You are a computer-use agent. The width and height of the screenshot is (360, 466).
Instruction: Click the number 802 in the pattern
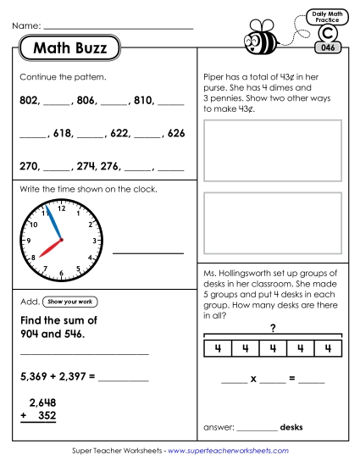pos(29,100)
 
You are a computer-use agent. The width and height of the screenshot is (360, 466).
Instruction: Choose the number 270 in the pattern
pos(29,166)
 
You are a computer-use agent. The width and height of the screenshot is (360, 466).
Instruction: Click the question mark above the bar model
pos(273,328)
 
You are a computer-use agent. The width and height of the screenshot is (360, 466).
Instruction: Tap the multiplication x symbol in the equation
pos(252,379)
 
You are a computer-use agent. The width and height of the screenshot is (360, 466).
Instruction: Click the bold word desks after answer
pos(291,426)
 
